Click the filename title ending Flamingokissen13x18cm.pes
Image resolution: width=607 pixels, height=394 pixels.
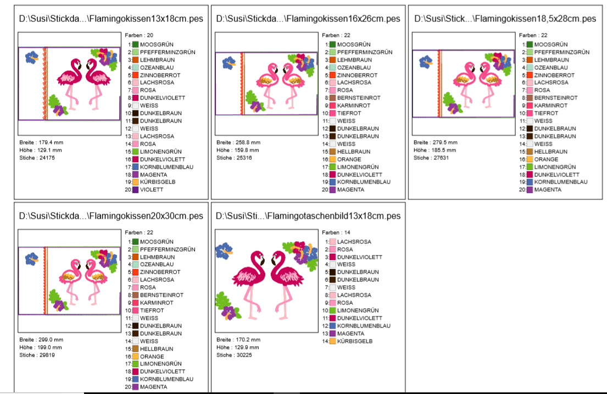(x=110, y=19)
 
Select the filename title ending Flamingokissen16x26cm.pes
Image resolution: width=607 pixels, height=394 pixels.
(x=308, y=19)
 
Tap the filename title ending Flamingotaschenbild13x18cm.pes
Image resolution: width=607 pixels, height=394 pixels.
(x=308, y=216)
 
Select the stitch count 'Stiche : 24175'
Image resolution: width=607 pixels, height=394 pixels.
(x=37, y=158)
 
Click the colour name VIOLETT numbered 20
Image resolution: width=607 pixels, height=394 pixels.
(x=152, y=190)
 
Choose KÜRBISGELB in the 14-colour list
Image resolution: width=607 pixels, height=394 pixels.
(x=355, y=341)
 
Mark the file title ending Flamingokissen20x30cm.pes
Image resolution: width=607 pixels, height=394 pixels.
(x=110, y=216)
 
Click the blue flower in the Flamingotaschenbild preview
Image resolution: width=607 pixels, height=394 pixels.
(x=224, y=251)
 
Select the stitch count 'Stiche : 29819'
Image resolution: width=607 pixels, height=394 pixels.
(x=37, y=355)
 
